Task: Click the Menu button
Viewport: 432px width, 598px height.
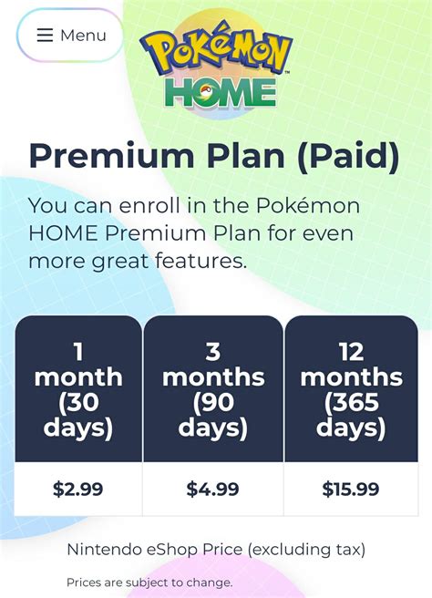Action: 70,35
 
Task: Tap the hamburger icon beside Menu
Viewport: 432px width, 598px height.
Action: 45,35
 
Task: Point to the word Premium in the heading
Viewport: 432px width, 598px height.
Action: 111,157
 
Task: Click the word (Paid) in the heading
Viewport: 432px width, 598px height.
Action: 348,157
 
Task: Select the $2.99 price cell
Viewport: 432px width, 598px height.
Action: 78,489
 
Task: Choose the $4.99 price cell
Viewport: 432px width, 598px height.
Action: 213,489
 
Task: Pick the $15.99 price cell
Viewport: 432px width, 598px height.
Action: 351,489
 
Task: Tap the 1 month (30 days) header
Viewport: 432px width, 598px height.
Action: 78,389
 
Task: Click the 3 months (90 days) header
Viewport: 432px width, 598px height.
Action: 213,389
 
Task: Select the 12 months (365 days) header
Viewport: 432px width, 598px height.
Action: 351,389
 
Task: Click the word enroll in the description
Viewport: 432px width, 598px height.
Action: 149,206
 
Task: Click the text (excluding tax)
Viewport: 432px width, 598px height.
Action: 306,550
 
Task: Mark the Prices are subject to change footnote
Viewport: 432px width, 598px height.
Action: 149,583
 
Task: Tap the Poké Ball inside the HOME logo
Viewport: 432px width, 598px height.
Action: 205,93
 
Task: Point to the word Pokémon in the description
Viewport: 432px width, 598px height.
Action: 308,206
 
